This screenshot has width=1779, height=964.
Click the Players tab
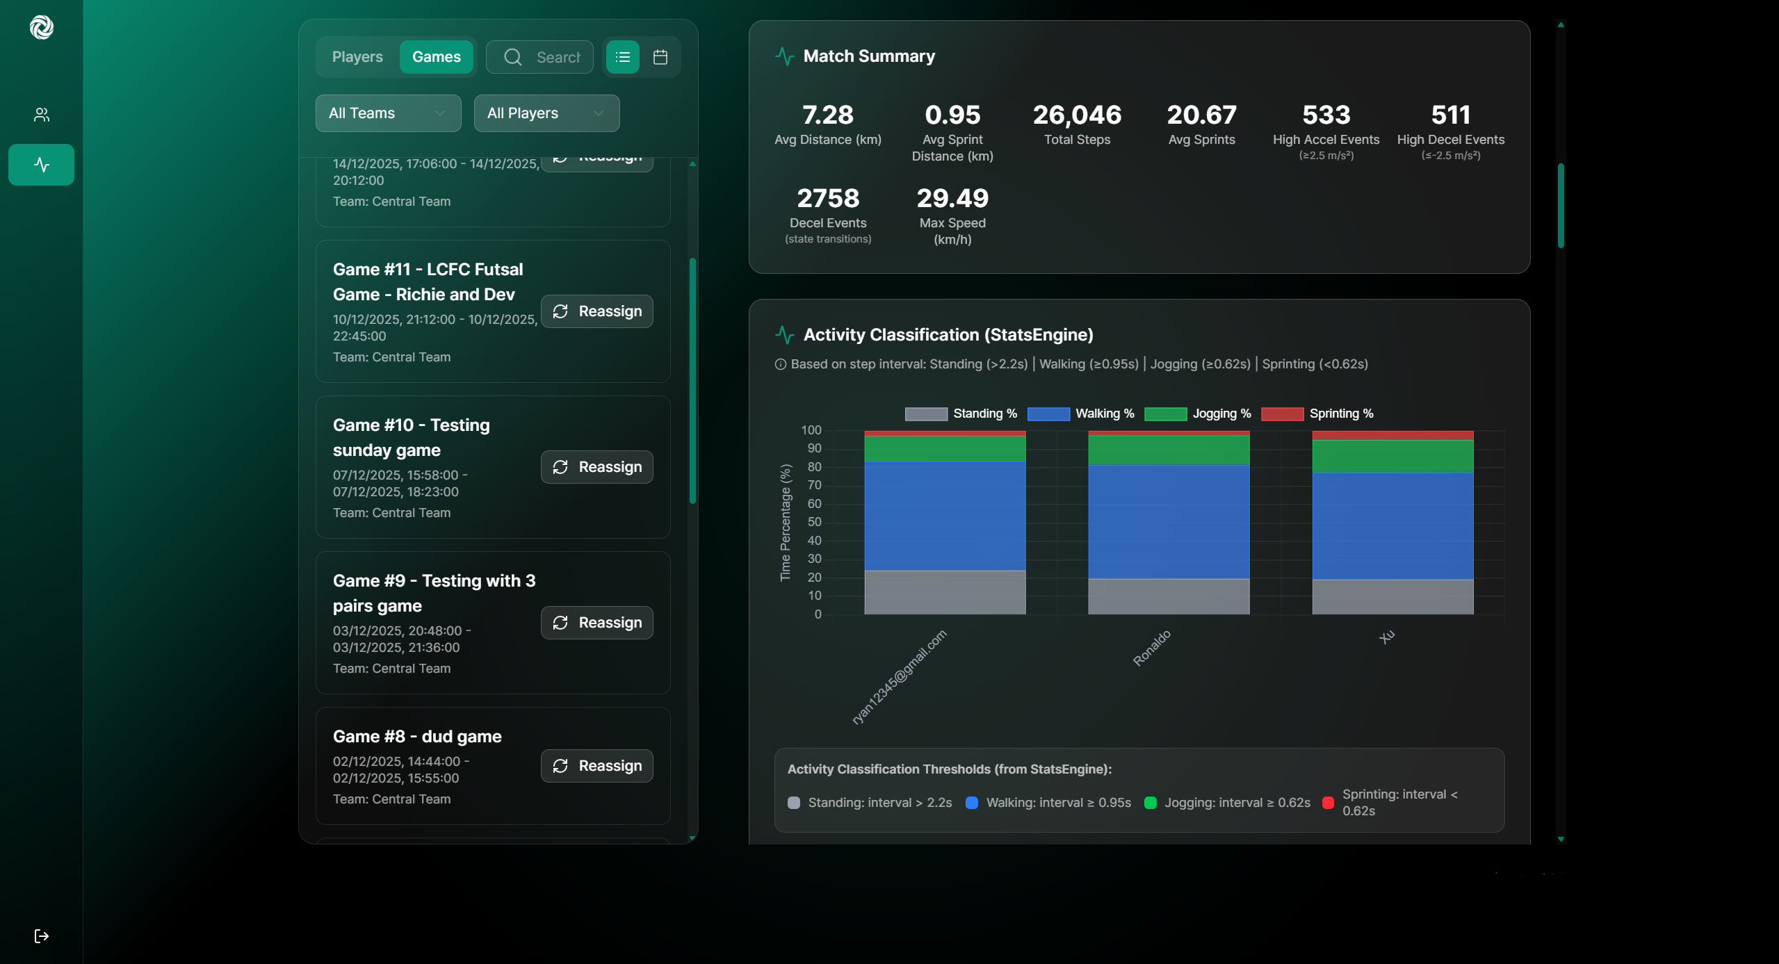[x=357, y=57]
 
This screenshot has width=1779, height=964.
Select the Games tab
[x=436, y=57]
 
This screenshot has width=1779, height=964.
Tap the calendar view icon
[x=660, y=57]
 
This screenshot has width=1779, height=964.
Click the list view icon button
[x=622, y=57]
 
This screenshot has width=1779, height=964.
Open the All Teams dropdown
[x=388, y=113]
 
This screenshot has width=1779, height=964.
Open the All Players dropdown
[x=546, y=113]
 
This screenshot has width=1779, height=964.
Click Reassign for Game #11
[x=596, y=311]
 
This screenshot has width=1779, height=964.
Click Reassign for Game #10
[x=596, y=467]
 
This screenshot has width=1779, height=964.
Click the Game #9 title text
[x=434, y=593]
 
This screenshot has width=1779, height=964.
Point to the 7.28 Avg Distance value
[x=827, y=115]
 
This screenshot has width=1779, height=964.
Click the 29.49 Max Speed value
[x=952, y=199]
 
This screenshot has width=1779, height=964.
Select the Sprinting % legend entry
[x=1317, y=414]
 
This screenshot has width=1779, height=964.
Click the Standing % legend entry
[x=961, y=414]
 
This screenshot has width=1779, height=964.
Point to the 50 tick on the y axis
[x=813, y=522]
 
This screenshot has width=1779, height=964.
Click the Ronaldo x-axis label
[x=1152, y=648]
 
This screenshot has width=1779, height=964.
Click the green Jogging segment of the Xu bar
[x=1392, y=456]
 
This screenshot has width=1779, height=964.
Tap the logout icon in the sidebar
[x=41, y=936]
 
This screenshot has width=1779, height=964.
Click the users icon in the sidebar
[x=41, y=115]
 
